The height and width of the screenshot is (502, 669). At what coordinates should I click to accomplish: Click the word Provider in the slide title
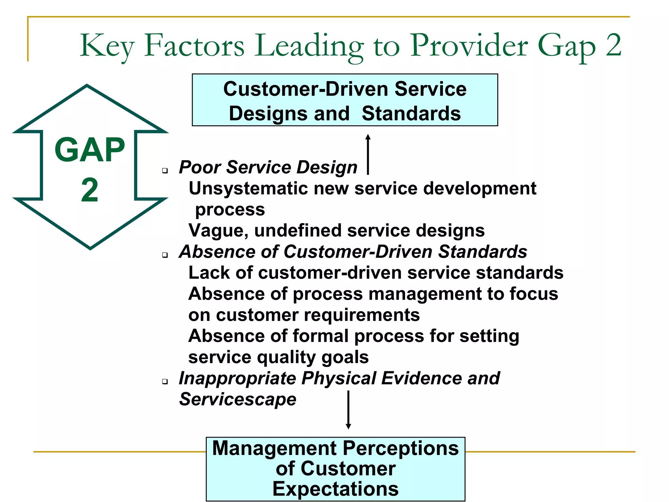[x=469, y=46]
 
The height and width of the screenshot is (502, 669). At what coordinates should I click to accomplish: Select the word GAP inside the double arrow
[x=90, y=150]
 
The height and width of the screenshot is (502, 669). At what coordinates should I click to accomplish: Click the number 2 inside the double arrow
[x=90, y=190]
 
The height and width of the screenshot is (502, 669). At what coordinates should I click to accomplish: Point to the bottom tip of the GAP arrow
[x=90, y=247]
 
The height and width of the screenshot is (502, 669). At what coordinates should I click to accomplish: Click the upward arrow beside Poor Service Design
[x=368, y=154]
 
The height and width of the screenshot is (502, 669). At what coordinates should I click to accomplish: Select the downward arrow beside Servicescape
[x=348, y=410]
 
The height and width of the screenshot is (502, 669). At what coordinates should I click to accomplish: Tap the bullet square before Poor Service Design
[x=165, y=170]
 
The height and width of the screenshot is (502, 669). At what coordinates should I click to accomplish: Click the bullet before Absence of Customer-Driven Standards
[x=165, y=255]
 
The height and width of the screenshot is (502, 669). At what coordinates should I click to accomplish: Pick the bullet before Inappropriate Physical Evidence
[x=165, y=381]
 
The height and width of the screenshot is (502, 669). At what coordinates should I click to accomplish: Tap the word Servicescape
[x=237, y=399]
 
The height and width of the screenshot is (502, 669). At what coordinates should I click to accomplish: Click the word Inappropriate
[x=237, y=378]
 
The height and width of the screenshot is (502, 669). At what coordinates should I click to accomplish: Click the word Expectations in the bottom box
[x=335, y=489]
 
